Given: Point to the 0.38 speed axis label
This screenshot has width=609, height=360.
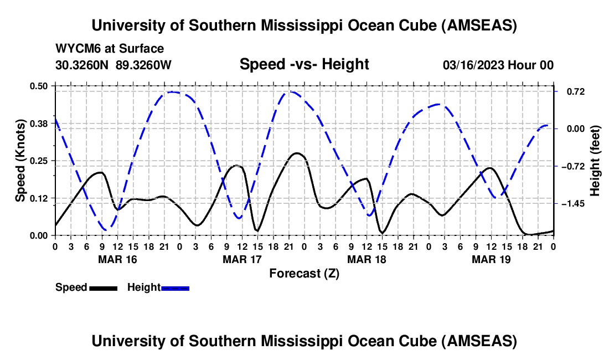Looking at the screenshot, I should coord(39,124).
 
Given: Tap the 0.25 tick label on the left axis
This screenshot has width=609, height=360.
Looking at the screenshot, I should coord(39,161).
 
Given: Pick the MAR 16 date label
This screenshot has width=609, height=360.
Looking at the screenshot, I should coord(117,259).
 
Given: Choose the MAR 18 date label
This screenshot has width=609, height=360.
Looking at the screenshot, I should coord(366,259).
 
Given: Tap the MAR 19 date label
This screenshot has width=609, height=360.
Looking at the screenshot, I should coord(491,259).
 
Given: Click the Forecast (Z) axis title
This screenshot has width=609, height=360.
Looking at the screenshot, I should coord(304,273).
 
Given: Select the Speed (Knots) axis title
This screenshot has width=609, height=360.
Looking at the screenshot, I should coord(20,161).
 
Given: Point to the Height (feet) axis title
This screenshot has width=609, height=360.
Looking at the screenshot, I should coord(595,161).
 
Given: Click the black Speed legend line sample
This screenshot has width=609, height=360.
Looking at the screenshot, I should coord(103,287).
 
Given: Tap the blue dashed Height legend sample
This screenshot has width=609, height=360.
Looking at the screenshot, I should coord(175,287).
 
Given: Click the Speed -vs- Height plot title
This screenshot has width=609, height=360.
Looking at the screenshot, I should coord(304,64).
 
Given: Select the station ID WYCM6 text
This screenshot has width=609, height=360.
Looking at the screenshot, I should coord(75,49).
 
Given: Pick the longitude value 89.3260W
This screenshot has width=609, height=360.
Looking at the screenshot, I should coord(143,65).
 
